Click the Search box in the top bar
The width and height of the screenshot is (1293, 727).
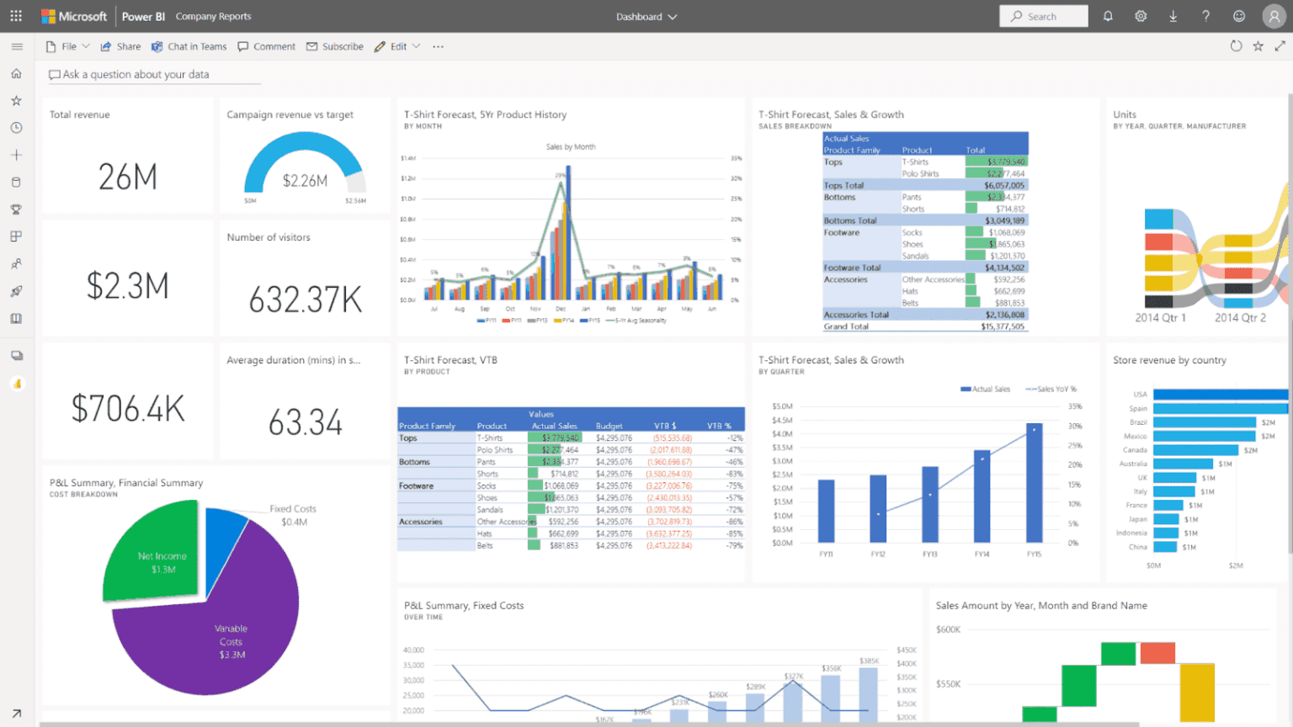(x=1043, y=17)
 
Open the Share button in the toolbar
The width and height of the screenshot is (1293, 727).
(x=120, y=47)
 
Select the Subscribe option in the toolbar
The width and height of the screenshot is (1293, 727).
(x=335, y=47)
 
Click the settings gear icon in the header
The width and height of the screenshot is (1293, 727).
(x=1141, y=17)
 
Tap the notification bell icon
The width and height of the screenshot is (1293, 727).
(x=1108, y=17)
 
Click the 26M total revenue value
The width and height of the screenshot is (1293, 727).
(x=128, y=177)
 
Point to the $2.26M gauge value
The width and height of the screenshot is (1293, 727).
(x=305, y=181)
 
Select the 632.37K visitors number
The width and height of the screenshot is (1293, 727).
(x=305, y=300)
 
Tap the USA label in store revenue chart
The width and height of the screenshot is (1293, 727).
(x=1140, y=395)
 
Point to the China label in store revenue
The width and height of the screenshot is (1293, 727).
(x=1137, y=547)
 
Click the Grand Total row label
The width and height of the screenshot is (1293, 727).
(x=846, y=326)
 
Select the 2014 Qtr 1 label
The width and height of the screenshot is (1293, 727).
(x=1160, y=318)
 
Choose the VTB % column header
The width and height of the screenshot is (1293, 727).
(x=719, y=426)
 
